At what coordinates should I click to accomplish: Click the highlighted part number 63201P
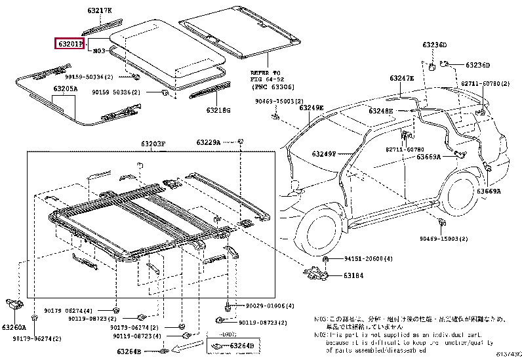point(70,45)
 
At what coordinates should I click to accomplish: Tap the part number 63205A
point(65,88)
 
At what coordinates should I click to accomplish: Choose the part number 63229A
point(209,142)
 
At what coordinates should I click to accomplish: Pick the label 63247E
point(402,78)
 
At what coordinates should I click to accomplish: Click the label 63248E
point(380,111)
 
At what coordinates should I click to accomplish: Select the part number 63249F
point(323,153)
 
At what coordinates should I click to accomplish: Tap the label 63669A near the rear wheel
point(489,191)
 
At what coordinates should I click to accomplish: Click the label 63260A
point(13,327)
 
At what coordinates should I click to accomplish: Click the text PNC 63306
point(272,87)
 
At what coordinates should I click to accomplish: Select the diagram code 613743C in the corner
point(509,355)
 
